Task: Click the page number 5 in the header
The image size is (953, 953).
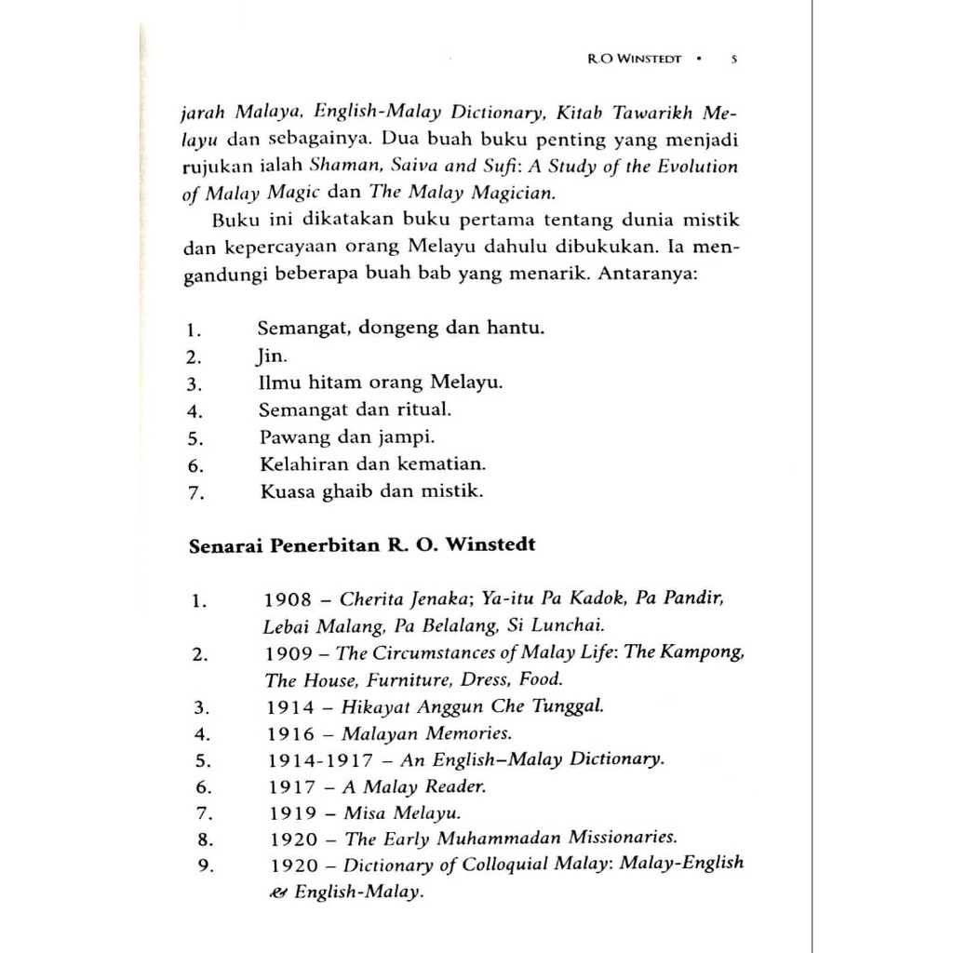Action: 735,58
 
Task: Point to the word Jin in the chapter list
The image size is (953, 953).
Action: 265,356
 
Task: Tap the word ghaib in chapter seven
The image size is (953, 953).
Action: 346,491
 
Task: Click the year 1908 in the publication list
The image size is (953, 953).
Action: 287,599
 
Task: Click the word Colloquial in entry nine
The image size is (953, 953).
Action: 507,864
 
